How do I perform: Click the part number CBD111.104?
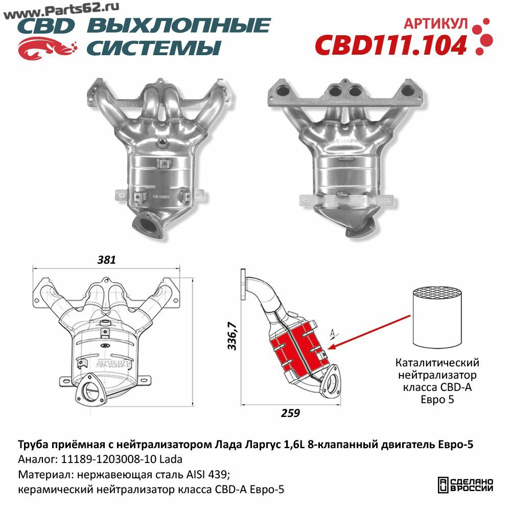pyautogui.click(x=391, y=45)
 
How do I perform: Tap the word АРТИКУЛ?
pyautogui.click(x=436, y=24)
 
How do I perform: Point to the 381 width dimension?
pyautogui.click(x=107, y=260)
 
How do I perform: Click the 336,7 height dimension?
pyautogui.click(x=231, y=336)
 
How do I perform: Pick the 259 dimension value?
pyautogui.click(x=290, y=413)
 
